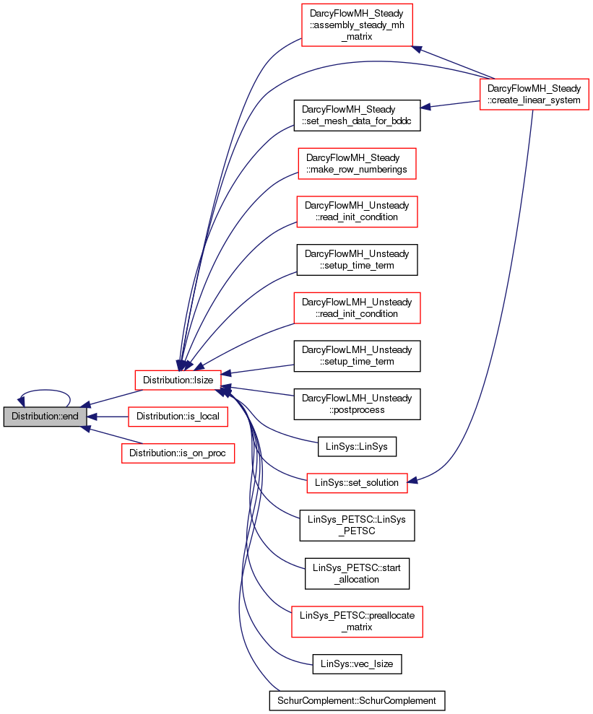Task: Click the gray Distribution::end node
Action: coord(45,417)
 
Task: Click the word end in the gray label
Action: coord(70,417)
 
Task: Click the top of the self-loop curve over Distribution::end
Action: coord(45,391)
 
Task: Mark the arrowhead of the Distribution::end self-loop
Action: coord(22,399)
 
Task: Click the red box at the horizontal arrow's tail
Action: coord(178,417)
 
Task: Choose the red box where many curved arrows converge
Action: coord(178,380)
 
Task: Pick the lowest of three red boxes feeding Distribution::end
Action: coord(178,453)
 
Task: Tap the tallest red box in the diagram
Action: coord(357,25)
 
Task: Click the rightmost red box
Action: coord(534,94)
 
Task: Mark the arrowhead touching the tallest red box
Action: coord(417,49)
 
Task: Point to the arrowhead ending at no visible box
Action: coord(425,108)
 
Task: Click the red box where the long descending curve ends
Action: coord(357,483)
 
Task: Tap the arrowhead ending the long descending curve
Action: coord(412,479)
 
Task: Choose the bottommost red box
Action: coord(357,622)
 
